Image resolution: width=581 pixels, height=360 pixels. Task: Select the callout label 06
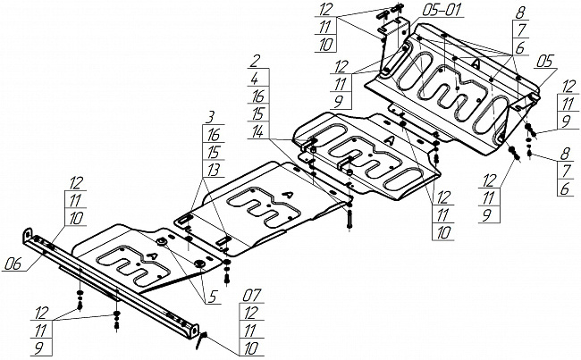[13, 264]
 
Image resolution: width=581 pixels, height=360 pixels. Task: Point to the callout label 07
[252, 296]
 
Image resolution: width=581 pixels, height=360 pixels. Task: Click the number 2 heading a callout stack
[255, 61]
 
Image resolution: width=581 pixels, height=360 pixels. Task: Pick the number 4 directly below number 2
[255, 79]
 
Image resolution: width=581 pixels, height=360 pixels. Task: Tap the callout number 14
[257, 131]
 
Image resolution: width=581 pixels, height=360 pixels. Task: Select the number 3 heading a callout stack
[210, 118]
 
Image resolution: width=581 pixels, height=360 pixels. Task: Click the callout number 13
[213, 170]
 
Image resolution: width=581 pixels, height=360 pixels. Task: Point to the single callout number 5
[212, 297]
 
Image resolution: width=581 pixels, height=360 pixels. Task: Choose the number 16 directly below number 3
[213, 135]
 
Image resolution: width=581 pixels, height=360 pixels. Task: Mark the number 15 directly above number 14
[257, 113]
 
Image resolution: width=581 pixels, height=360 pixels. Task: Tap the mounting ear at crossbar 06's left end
[27, 235]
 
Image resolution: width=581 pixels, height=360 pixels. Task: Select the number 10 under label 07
[251, 347]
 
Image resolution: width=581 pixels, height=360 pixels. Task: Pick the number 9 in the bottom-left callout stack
[38, 347]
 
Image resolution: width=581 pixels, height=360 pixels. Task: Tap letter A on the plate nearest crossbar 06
[152, 255]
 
